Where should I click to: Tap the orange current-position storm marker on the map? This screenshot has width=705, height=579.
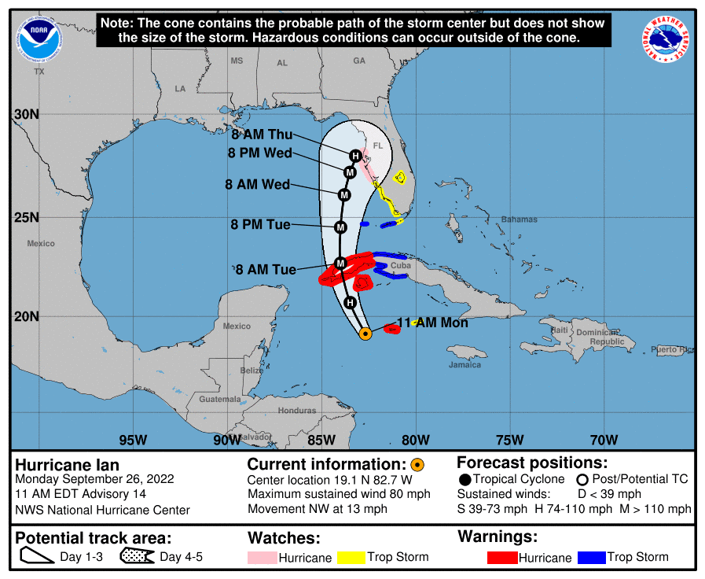tap(365, 334)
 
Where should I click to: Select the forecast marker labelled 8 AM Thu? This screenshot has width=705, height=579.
tap(355, 156)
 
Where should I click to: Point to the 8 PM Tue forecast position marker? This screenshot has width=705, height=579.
tap(341, 227)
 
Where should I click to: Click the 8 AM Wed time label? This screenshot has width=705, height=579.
tap(257, 185)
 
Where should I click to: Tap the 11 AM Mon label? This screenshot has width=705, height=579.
tap(432, 323)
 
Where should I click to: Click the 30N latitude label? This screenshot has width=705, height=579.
tap(27, 115)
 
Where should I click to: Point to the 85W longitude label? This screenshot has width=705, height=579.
tap(321, 440)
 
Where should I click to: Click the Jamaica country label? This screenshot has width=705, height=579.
tap(464, 364)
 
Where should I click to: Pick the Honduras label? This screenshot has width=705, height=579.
tap(297, 411)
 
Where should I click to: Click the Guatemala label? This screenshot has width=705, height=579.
tap(220, 400)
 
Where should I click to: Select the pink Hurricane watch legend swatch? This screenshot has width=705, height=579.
tap(267, 558)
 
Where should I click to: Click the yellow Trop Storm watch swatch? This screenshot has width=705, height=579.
tap(351, 558)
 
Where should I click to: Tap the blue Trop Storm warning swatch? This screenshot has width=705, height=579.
tap(591, 558)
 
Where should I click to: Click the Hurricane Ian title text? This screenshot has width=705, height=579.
tap(68, 465)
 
